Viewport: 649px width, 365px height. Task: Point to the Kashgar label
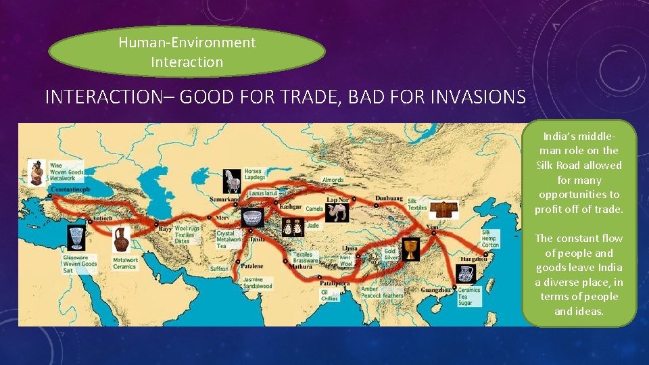[290, 206]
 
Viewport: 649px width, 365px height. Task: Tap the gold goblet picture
[410, 249]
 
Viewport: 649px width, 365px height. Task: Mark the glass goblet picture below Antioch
[74, 238]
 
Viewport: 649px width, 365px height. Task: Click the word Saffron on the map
[220, 268]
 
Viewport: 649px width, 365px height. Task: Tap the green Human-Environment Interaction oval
[187, 52]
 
